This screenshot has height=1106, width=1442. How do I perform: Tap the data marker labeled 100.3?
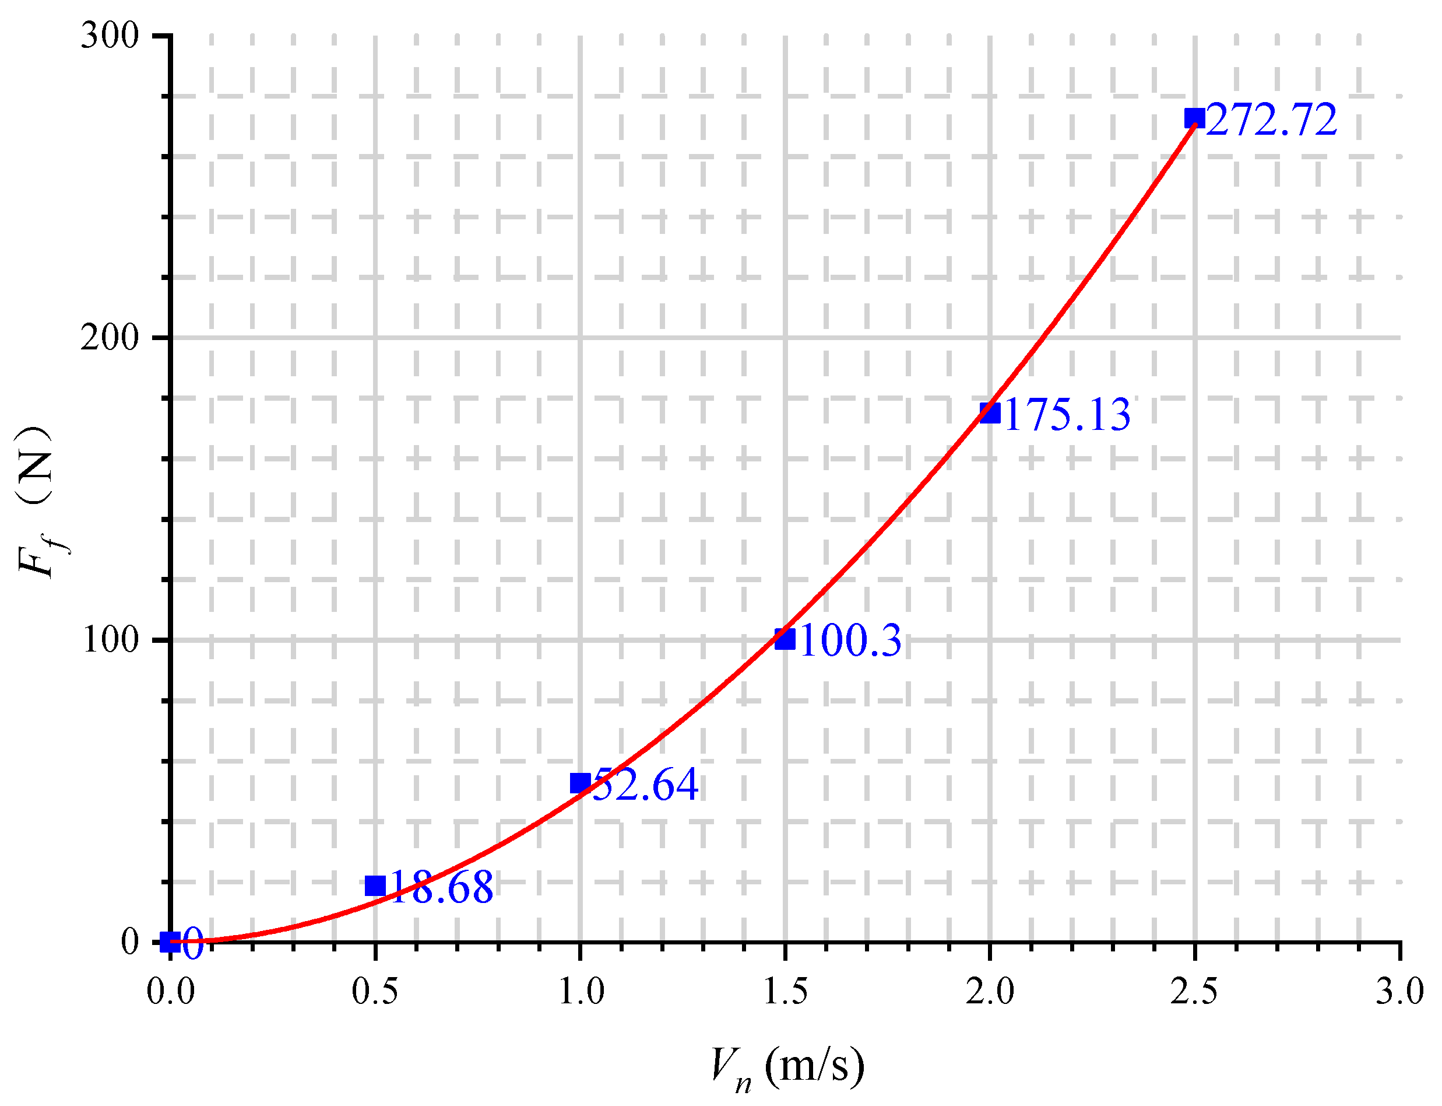tap(784, 639)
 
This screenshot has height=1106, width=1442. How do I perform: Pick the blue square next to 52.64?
tap(579, 783)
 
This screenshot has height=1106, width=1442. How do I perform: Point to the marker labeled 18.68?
tap(375, 885)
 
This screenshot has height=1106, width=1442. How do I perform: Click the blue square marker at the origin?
tap(170, 942)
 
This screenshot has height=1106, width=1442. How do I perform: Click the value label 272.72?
tap(1272, 121)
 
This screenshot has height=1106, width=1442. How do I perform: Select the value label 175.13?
tap(1067, 415)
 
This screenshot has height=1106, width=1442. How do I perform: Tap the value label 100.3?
tap(850, 640)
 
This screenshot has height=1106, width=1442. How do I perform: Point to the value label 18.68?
tap(441, 887)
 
